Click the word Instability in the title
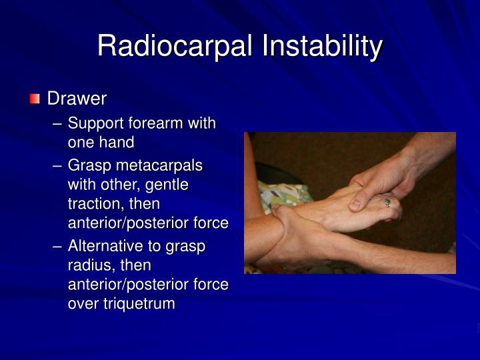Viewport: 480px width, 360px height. [x=322, y=47]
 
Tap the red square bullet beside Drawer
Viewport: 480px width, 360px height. [x=35, y=99]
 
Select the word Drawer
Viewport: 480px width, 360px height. [x=77, y=99]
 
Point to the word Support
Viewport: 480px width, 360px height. [x=93, y=123]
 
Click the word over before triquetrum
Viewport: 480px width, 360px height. [x=83, y=304]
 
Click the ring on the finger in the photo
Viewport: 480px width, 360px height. [x=387, y=201]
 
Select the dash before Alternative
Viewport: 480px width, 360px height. [x=58, y=246]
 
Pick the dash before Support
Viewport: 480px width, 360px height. [x=58, y=123]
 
